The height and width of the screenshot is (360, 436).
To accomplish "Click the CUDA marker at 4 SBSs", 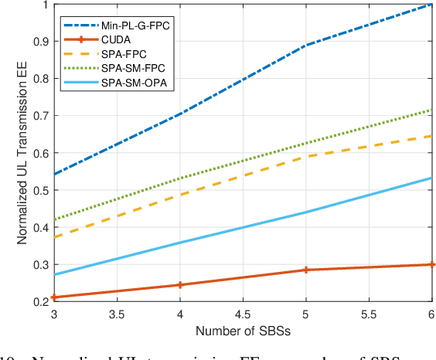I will coord(180,285).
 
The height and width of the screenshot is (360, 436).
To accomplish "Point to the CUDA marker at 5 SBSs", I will coord(306,270).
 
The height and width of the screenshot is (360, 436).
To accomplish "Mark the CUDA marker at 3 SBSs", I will coord(53,297).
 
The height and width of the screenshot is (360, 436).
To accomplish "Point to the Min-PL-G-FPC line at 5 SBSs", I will coord(306,46).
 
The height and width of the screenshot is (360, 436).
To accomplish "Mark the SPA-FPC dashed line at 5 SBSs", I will coord(306,157).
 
